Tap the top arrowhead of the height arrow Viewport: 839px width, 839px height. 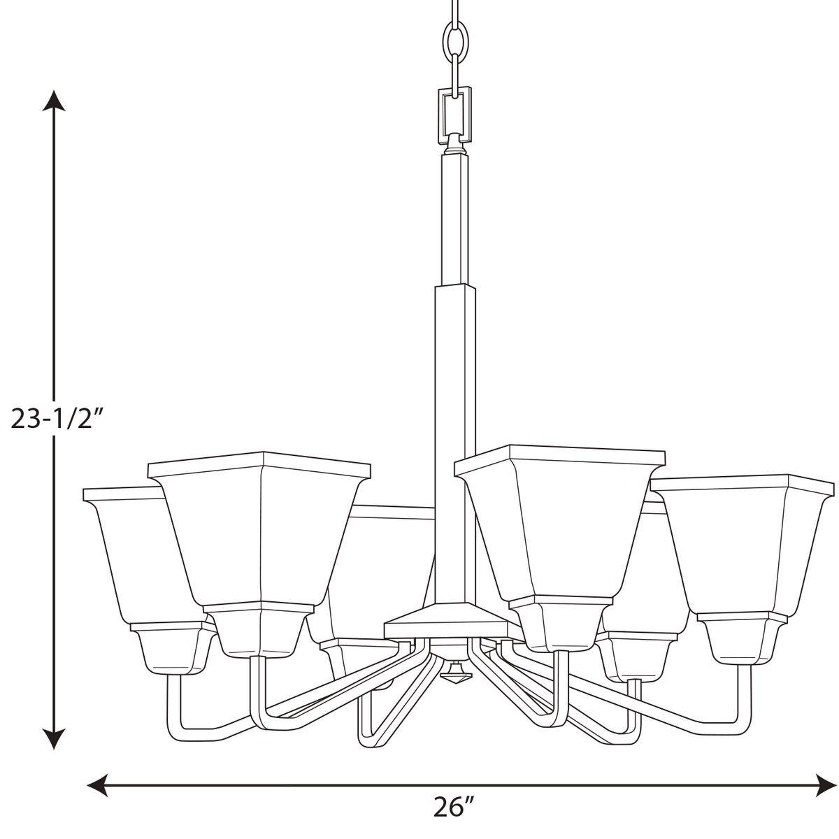(55, 102)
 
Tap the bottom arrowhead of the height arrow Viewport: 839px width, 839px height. (55, 737)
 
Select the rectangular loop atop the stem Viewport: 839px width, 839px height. (455, 112)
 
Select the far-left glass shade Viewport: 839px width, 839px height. (129, 552)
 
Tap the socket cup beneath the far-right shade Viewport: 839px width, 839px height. (743, 638)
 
